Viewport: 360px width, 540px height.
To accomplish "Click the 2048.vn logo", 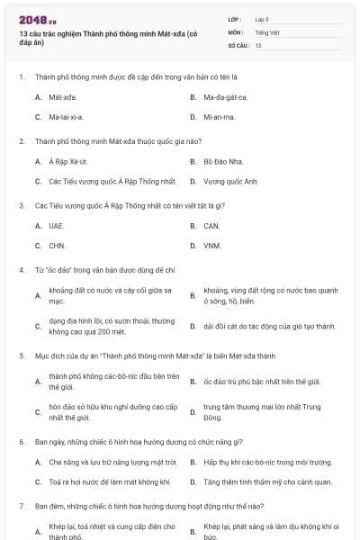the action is coord(37,19).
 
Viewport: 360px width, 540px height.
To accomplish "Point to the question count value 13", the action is coord(258,44).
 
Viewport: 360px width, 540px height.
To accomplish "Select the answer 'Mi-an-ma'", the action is coord(220,117).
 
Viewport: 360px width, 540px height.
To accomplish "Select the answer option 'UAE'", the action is coord(57,225).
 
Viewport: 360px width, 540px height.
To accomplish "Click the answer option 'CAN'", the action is coord(211,225).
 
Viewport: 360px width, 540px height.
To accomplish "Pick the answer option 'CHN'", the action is coord(57,245).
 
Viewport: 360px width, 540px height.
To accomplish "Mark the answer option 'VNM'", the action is coord(212,245).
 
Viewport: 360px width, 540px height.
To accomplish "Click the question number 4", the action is coord(22,269).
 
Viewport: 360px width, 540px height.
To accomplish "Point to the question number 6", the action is coord(22,442).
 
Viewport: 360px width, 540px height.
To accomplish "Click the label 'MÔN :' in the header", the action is coord(236,31).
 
